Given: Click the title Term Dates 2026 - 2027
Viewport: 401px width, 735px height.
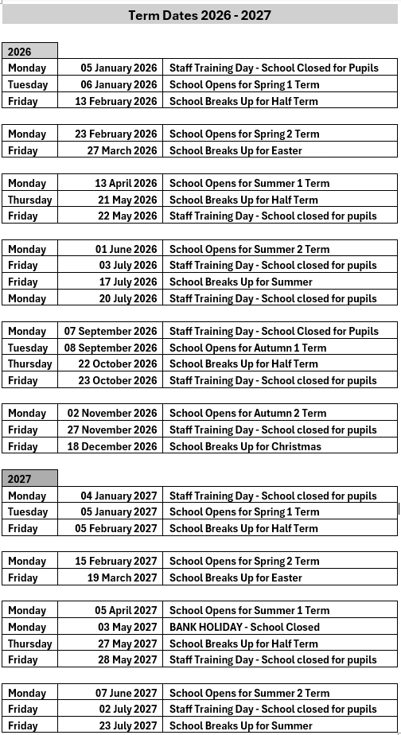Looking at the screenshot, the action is tap(199, 14).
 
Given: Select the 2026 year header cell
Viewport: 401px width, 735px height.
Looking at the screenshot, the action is tap(29, 52).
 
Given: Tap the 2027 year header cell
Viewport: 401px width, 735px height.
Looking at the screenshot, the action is tap(29, 479).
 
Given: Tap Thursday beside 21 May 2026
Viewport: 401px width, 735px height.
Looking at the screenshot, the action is tap(29, 200).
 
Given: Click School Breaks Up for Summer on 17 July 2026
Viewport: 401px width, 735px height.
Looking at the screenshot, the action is tap(241, 282).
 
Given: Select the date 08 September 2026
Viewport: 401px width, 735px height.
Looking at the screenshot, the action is tap(111, 348).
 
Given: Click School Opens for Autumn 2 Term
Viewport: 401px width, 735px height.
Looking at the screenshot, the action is tap(247, 413).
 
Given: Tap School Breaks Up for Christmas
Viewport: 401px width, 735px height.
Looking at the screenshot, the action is tap(245, 446).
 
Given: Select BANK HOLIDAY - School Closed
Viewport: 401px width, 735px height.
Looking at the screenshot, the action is tap(244, 627).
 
